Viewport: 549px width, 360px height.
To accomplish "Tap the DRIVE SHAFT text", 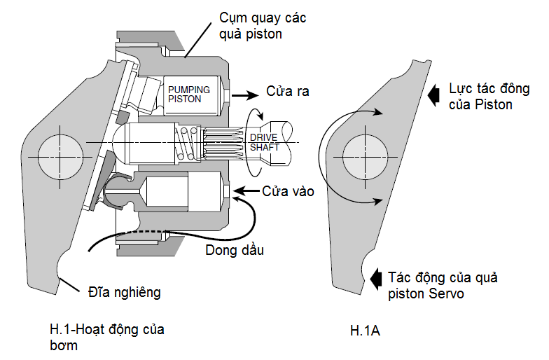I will (264, 142).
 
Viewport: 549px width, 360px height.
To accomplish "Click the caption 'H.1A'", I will (366, 329).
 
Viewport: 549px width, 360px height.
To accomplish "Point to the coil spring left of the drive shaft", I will (186, 144).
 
